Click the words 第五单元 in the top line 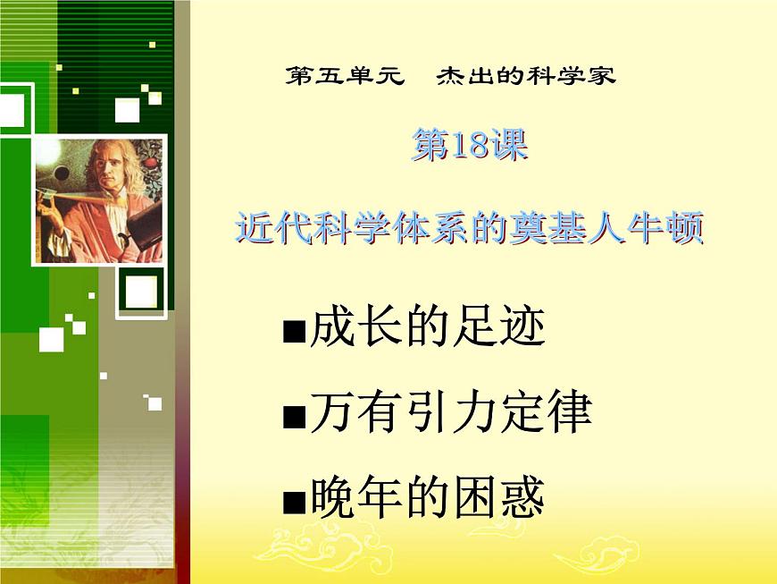343,75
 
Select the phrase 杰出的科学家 525,75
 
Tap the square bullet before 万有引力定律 293,418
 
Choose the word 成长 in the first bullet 348,329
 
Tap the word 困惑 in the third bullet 505,499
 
